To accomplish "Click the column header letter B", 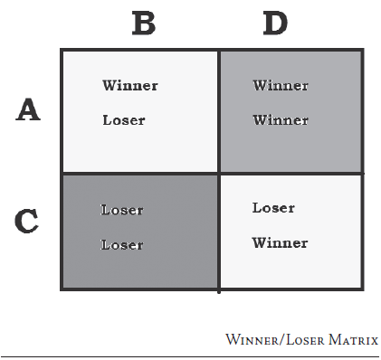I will tap(143, 23).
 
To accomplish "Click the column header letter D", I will tap(274, 23).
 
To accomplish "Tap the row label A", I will tap(29, 110).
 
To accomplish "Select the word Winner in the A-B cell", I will tap(129, 86).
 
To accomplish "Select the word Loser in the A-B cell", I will tap(124, 119).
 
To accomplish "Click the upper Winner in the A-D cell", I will tap(280, 86).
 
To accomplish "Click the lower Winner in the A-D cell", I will tap(280, 119).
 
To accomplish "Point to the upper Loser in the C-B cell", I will tap(122, 210).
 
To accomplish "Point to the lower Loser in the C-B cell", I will tap(122, 244).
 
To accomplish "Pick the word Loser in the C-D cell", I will tap(273, 208).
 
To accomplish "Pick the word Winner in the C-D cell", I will tap(280, 242).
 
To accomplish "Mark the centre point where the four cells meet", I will tap(219, 173).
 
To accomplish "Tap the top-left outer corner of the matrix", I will tap(62, 51).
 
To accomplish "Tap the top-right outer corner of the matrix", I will tap(363, 51).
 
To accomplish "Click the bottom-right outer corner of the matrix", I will tap(363, 289).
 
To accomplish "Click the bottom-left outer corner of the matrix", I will tap(62, 289).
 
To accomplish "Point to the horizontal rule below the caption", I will tap(190, 355).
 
